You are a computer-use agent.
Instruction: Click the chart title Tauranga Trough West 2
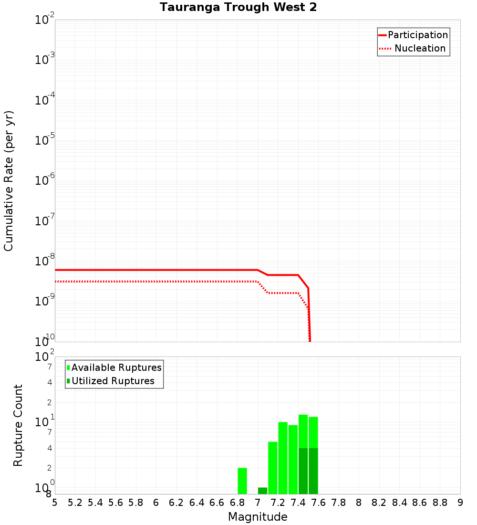pyautogui.click(x=238, y=8)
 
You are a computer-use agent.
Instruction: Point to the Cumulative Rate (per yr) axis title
pyautogui.click(x=9, y=181)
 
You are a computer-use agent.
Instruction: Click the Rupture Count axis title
pyautogui.click(x=18, y=425)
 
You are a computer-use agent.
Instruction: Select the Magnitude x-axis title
pyautogui.click(x=258, y=517)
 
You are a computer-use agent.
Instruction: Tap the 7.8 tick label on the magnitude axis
pyautogui.click(x=339, y=503)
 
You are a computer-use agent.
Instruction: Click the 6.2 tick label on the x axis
pyautogui.click(x=176, y=503)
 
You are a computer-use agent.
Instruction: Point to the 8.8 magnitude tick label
pyautogui.click(x=440, y=503)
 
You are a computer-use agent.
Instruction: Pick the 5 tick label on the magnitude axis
pyautogui.click(x=55, y=503)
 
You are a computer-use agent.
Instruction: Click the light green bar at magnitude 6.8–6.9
pyautogui.click(x=242, y=481)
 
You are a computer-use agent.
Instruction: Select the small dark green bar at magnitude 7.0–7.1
pyautogui.click(x=262, y=491)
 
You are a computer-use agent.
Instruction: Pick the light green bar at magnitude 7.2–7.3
pyautogui.click(x=283, y=458)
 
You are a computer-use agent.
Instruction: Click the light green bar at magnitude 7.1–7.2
pyautogui.click(x=273, y=468)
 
